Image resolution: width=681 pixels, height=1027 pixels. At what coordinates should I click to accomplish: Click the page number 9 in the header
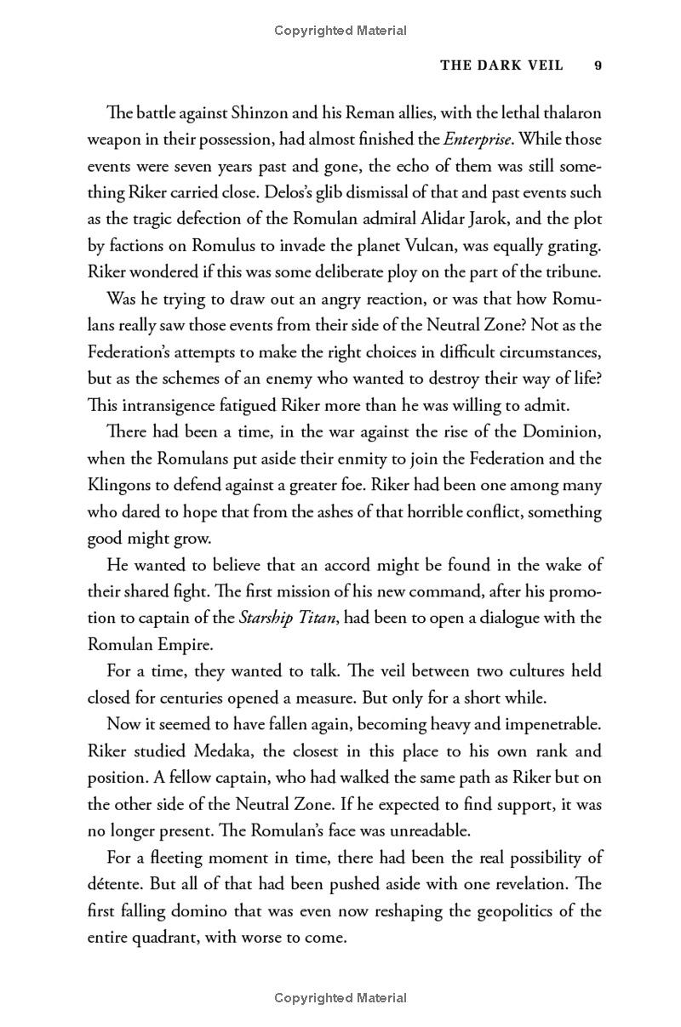tap(598, 66)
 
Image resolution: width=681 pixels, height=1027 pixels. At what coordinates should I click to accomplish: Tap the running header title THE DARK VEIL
tap(501, 66)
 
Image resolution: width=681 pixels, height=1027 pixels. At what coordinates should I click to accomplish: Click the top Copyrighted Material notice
tap(340, 31)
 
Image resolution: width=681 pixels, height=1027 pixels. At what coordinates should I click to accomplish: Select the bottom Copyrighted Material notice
tap(340, 998)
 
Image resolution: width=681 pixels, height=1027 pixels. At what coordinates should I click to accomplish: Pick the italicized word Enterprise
tap(478, 139)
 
